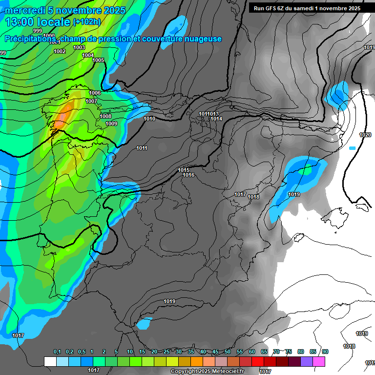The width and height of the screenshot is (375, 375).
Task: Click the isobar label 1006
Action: (95, 93)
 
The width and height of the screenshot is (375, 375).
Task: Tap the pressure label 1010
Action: (149, 119)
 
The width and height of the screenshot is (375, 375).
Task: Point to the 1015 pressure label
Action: (184, 170)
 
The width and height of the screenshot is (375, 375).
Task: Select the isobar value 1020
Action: (365, 135)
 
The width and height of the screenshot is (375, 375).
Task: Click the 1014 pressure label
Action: (216, 119)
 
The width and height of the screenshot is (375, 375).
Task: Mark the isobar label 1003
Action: (79, 47)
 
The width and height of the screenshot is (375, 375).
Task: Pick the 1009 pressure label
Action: (111, 124)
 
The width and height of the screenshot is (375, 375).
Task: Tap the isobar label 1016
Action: (188, 175)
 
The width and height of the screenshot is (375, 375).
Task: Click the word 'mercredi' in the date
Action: (24, 10)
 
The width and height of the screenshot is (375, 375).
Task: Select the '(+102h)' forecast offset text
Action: (86, 21)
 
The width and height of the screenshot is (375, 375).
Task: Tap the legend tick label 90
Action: (325, 352)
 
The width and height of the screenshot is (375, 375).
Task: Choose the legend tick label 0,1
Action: (57, 352)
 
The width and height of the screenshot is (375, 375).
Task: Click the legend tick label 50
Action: (228, 352)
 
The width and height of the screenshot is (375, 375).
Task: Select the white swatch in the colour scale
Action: (50, 361)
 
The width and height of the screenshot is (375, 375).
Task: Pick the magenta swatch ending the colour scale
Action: (319, 361)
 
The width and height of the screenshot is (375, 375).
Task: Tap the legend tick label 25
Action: (167, 352)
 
